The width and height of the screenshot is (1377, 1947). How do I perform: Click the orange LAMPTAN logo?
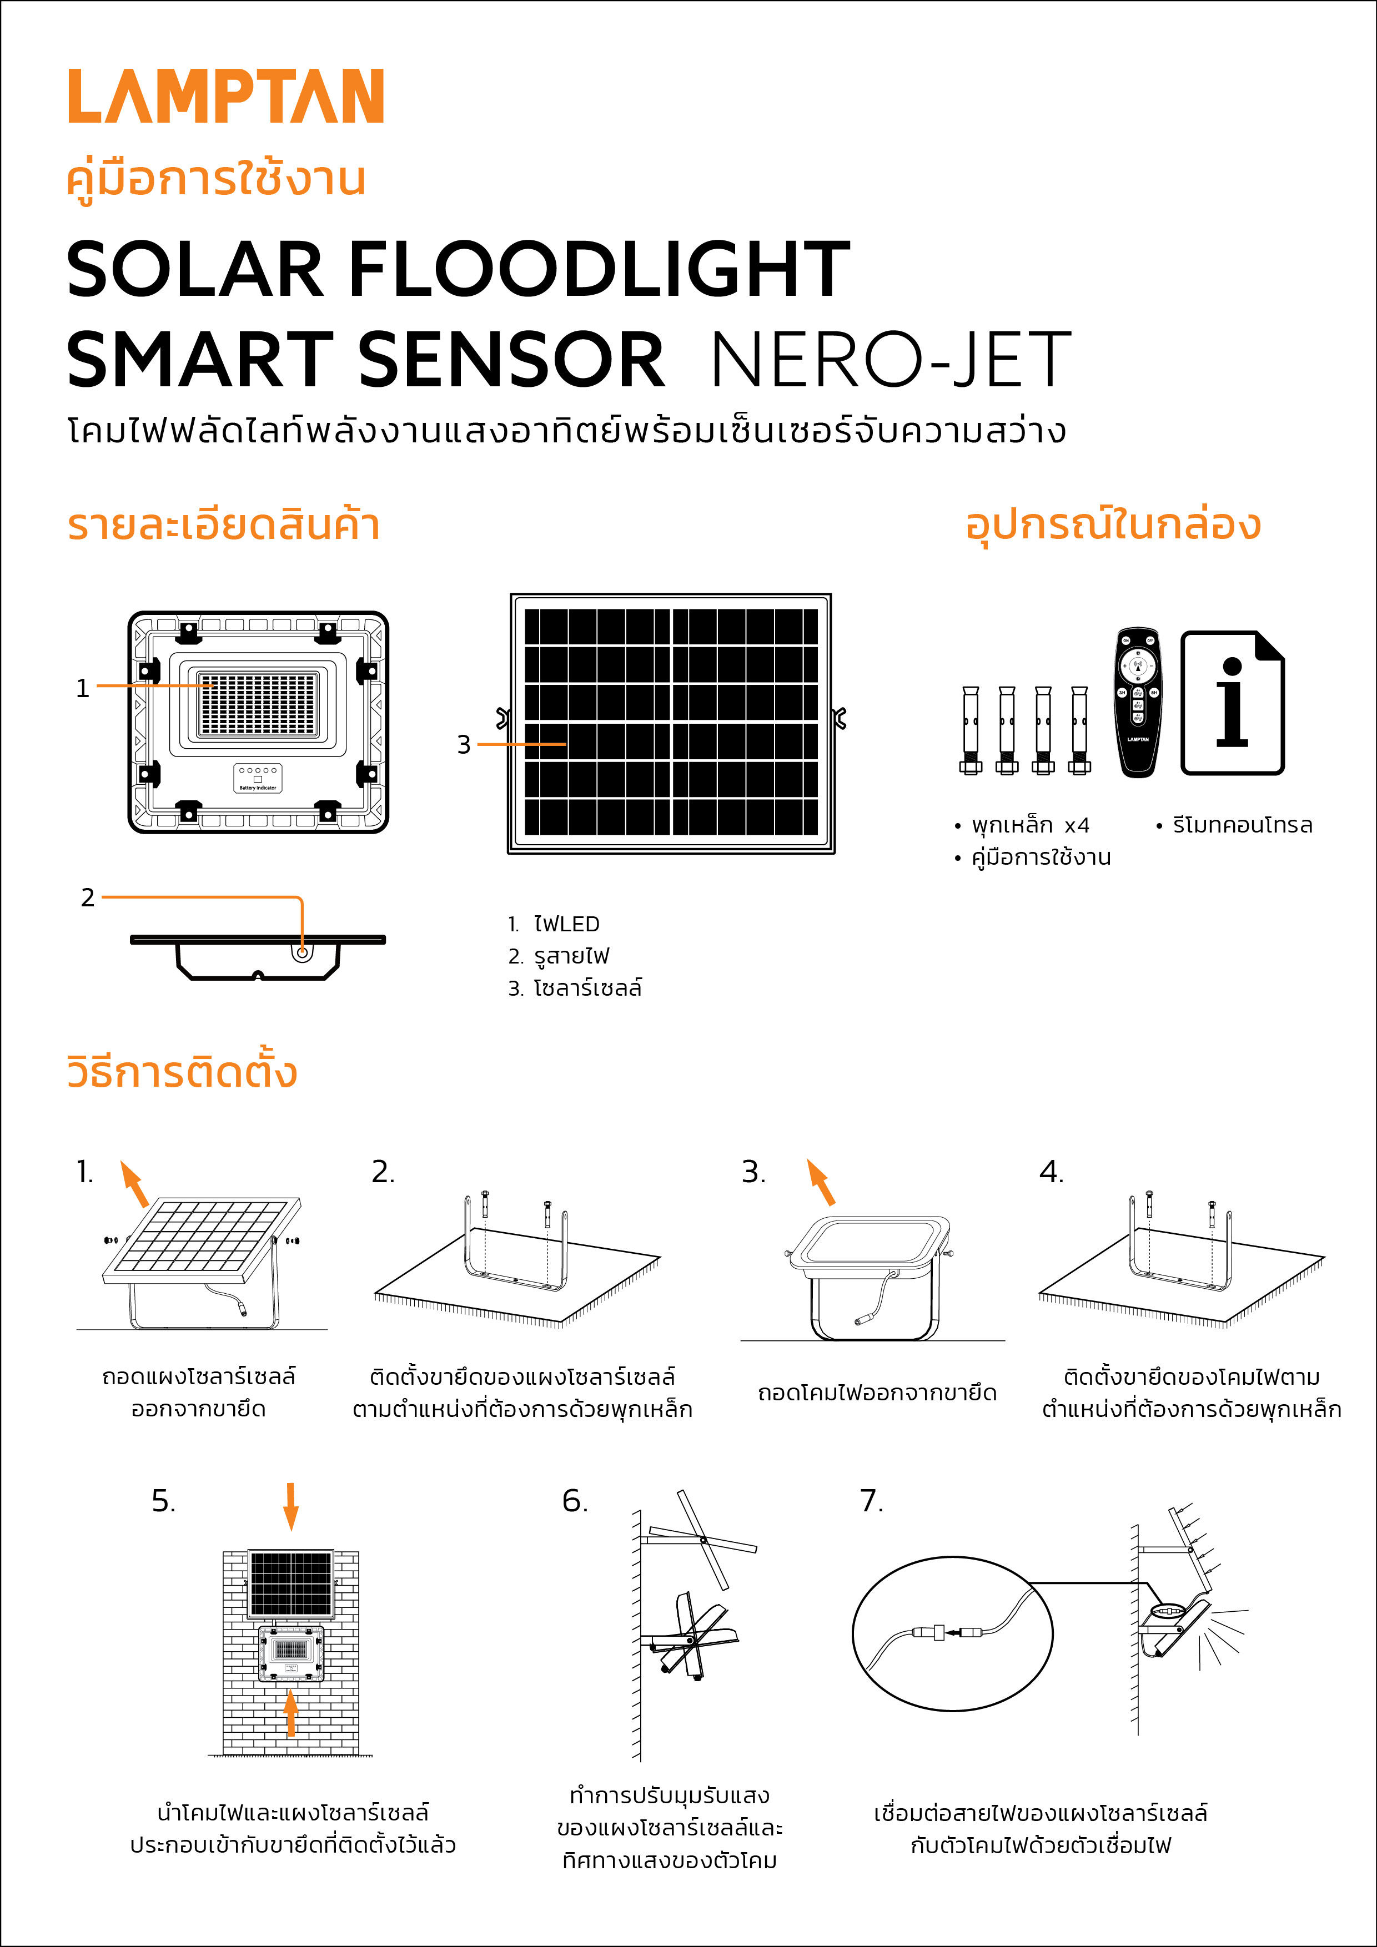225,97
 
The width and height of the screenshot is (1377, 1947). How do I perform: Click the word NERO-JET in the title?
890,360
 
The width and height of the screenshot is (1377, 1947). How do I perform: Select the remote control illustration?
1138,702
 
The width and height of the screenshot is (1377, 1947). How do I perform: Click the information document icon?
1232,702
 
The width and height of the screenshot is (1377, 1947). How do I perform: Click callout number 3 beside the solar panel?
463,744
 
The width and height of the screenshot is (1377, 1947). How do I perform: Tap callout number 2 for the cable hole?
87,897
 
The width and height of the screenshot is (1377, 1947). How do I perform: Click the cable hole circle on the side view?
301,952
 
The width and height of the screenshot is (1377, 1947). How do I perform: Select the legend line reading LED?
555,924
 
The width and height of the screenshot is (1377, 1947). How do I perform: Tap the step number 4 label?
1051,1172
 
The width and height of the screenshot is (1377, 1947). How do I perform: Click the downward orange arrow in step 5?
290,1505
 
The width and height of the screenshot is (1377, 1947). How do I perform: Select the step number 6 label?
574,1501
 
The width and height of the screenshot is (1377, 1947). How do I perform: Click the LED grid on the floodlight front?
258,704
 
